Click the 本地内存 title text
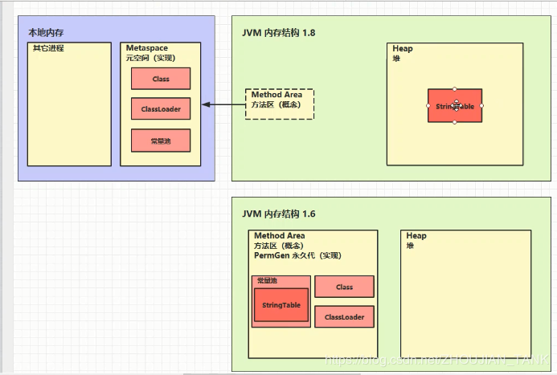point(46,32)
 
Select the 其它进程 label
point(48,48)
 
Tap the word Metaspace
point(146,48)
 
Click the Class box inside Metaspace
point(161,79)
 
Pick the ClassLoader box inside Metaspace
point(161,109)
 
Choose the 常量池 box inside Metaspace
point(161,141)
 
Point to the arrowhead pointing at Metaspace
point(205,104)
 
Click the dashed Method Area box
point(280,104)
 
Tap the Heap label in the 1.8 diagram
point(403,49)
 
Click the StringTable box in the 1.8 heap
point(455,105)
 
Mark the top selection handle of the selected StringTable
point(455,88)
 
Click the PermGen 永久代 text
point(297,255)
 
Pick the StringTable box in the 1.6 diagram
point(281,306)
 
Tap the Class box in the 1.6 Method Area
point(344,287)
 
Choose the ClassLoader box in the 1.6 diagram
point(344,317)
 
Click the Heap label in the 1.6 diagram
point(416,236)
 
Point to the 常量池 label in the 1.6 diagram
point(267,280)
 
